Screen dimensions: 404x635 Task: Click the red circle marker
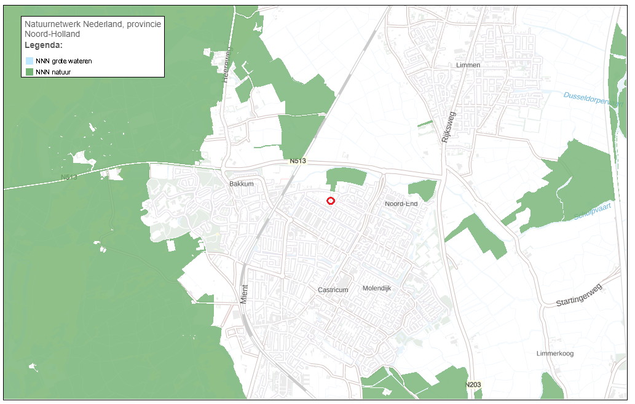tap(331, 200)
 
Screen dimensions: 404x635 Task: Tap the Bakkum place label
tap(241, 184)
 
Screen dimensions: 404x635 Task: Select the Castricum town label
tap(333, 290)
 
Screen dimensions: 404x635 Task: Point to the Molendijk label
tap(377, 288)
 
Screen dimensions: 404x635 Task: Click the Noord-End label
tap(401, 204)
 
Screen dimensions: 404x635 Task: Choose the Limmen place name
tap(468, 65)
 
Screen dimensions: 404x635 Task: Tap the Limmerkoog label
tap(554, 354)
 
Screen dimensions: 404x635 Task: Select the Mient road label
tap(244, 295)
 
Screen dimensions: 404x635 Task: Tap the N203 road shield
tap(472, 385)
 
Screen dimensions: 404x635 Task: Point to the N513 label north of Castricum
tap(298, 161)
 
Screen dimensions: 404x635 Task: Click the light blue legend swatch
tap(30, 61)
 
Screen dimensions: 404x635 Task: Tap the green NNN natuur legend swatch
tap(30, 72)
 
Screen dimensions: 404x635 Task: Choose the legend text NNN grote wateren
tap(64, 61)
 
